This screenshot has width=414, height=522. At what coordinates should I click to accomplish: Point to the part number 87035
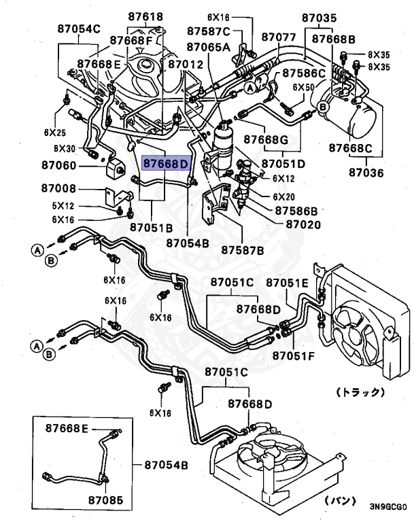[x=320, y=18]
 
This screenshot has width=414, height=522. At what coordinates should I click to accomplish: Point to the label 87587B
[x=243, y=250]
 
